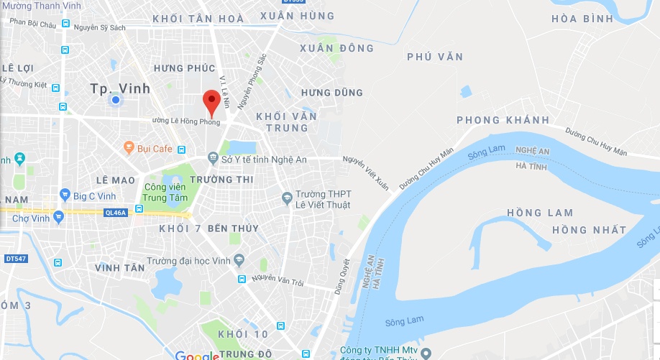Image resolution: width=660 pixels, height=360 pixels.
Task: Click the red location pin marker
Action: pos(211,101)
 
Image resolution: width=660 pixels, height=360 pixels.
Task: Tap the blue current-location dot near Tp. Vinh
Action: pos(114,100)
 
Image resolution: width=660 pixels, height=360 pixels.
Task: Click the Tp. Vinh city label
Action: pos(121,88)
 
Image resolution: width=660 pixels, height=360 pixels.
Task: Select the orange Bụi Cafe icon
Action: pos(129,148)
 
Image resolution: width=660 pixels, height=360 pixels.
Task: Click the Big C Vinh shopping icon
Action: pos(65,194)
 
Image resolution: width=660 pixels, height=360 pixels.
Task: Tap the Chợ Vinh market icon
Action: pos(58,215)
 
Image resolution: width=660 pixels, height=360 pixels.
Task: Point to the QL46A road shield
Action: pos(115,213)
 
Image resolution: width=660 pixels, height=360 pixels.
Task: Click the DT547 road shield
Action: pos(15,258)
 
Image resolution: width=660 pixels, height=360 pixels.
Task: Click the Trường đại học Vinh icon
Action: pos(239,260)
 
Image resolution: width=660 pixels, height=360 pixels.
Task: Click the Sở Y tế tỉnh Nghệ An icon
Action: pos(213,157)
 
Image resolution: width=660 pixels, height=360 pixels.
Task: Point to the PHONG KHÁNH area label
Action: pos(503,120)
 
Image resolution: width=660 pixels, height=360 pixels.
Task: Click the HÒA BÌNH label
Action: pos(583,19)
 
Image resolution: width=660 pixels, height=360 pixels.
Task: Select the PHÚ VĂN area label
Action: pos(435,57)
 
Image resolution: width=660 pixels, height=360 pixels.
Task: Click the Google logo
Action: pos(196,355)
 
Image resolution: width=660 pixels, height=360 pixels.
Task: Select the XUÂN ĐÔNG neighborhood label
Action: pos(337,48)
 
